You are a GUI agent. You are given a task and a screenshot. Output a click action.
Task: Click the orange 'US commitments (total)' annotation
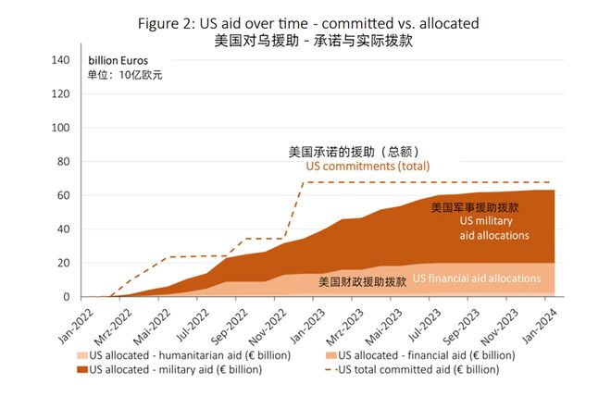(368, 167)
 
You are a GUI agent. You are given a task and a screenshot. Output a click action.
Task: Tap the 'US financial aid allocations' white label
(477, 278)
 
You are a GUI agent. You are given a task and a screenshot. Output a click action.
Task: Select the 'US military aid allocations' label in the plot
(494, 229)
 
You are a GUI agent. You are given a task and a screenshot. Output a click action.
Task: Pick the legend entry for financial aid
(426, 355)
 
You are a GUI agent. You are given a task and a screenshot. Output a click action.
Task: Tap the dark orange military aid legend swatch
(83, 369)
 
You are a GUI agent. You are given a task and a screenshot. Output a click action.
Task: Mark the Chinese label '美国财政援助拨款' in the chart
(362, 280)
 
